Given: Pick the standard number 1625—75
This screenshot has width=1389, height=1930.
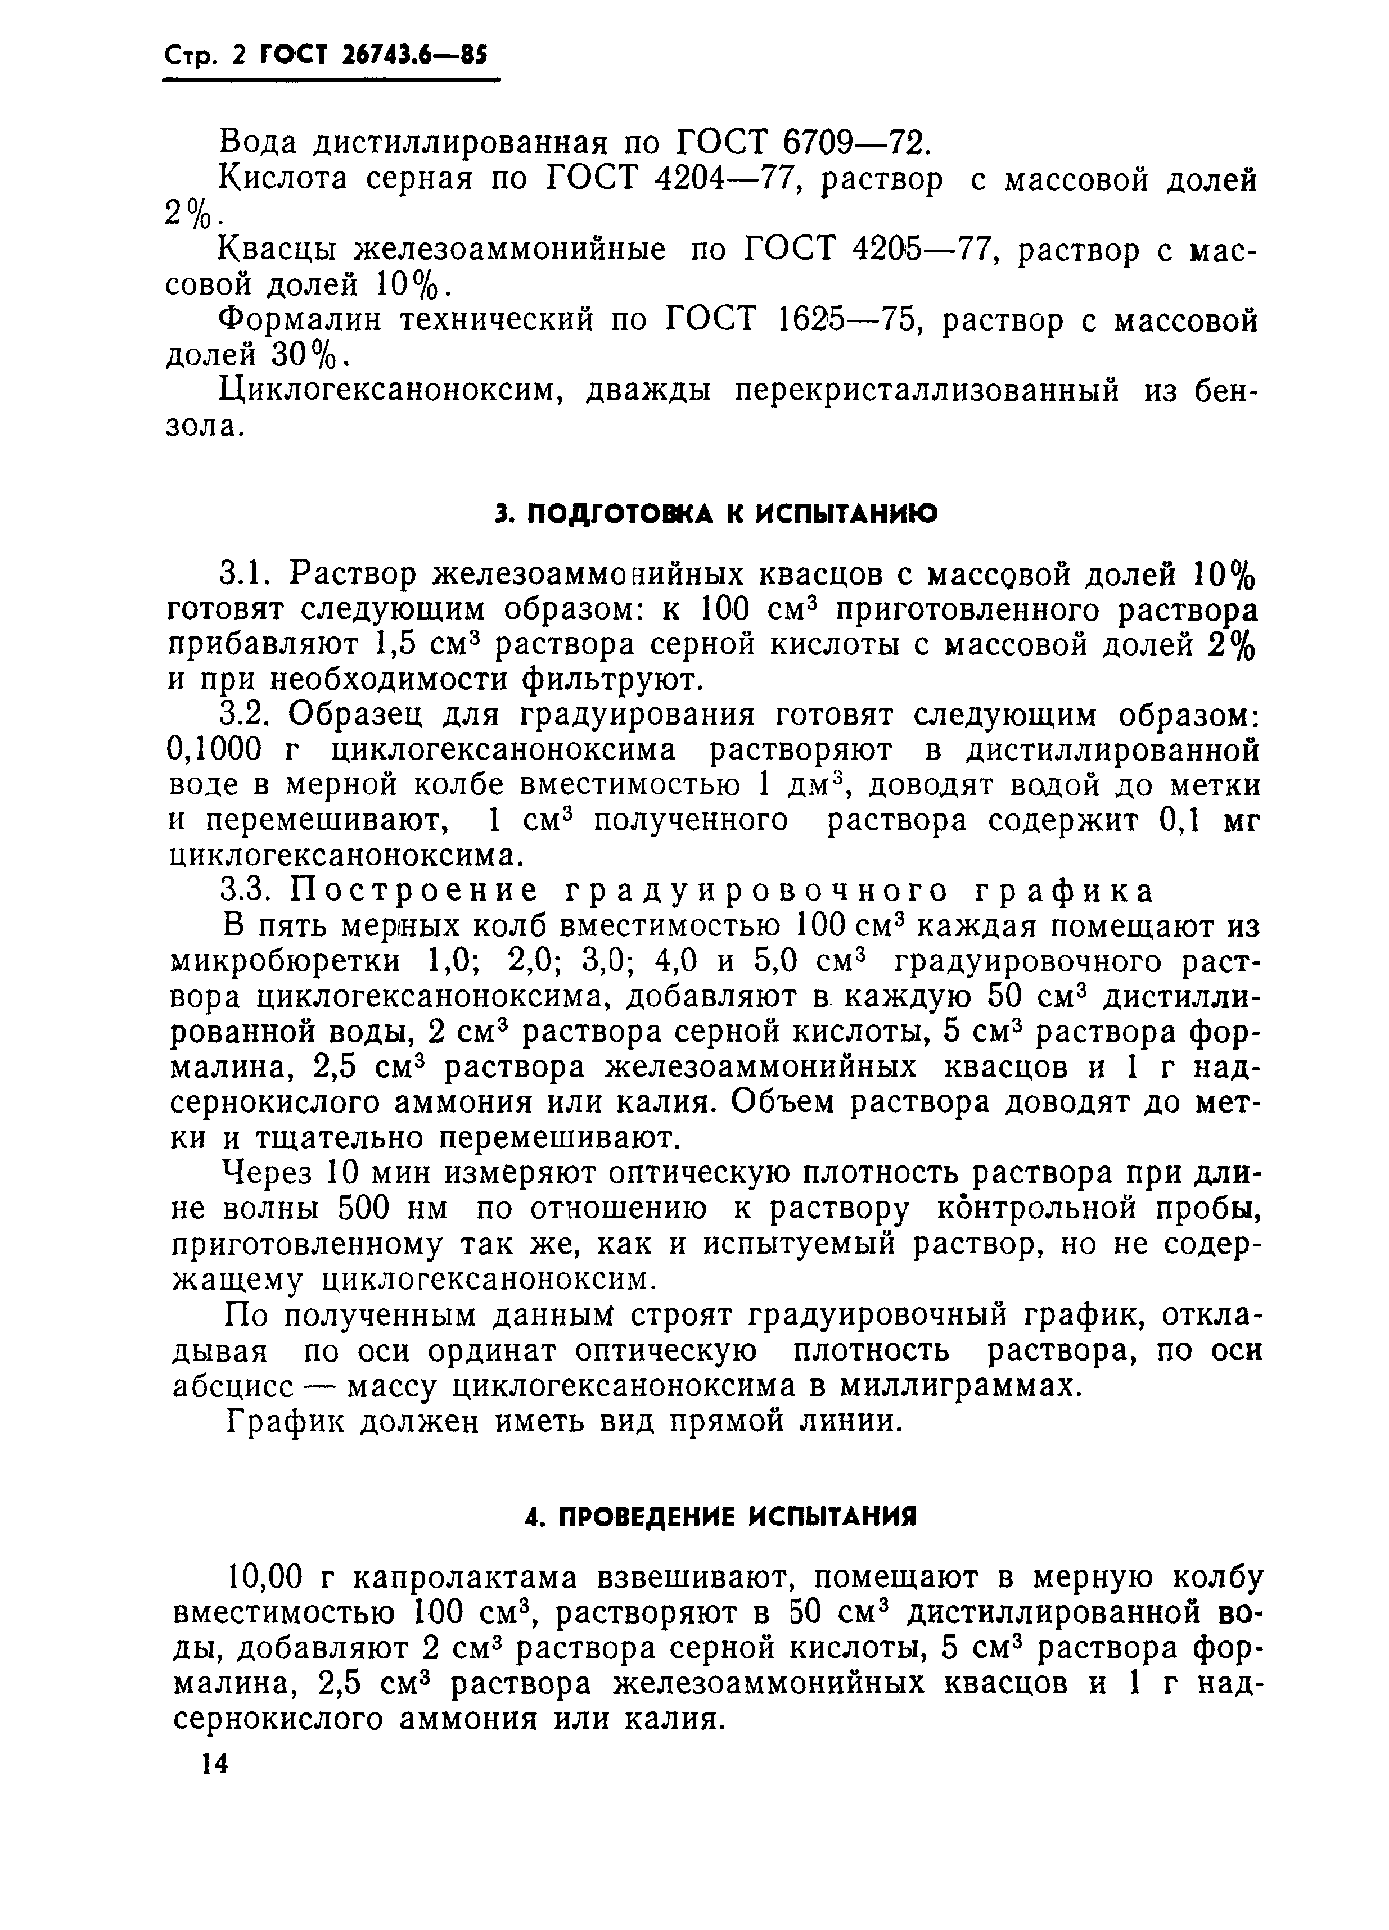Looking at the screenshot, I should pyautogui.click(x=839, y=321).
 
